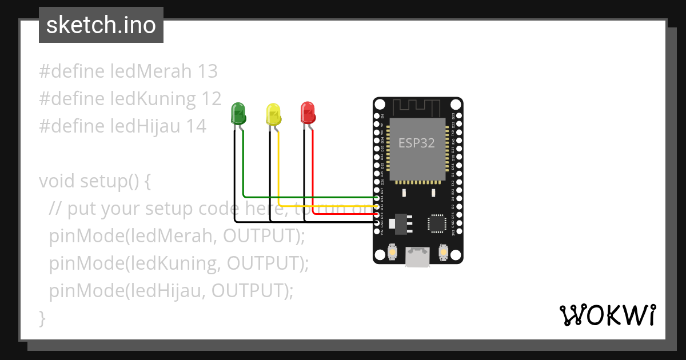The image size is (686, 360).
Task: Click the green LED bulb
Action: tap(238, 113)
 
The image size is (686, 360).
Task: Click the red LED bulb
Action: tap(308, 113)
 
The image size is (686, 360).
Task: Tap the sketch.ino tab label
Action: tap(101, 25)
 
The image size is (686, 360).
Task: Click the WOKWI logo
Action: tap(607, 315)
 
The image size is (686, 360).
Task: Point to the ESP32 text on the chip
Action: tap(417, 143)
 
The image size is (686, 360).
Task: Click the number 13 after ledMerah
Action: tap(208, 71)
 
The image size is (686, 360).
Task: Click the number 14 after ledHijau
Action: tap(196, 126)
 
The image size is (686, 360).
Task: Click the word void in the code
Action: tap(57, 181)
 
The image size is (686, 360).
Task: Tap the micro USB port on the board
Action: tap(417, 257)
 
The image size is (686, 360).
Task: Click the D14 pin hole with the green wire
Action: tap(377, 198)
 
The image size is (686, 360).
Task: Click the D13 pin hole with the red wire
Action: tap(377, 214)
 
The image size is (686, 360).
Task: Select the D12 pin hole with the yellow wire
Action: tap(377, 206)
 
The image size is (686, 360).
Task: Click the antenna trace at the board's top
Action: tap(417, 106)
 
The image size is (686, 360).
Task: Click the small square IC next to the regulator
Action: tap(437, 223)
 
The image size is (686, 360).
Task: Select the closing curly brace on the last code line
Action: tap(42, 318)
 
